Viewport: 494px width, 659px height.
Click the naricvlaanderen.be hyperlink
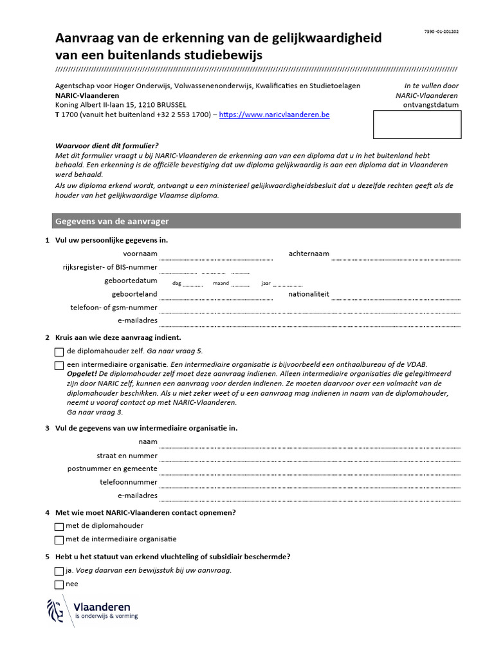(x=275, y=115)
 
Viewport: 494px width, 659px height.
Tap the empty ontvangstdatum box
(x=417, y=124)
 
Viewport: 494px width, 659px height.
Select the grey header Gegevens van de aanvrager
(x=256, y=221)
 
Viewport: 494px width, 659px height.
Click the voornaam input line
(x=215, y=254)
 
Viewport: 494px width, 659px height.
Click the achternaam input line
(x=396, y=254)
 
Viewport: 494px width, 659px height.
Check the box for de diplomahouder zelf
(x=60, y=352)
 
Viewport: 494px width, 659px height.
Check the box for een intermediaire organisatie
(x=60, y=366)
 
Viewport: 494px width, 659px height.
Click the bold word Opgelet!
(x=82, y=373)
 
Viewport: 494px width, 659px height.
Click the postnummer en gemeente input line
(x=309, y=469)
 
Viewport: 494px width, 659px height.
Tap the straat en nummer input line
(x=309, y=456)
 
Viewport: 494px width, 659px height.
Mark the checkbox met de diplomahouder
(x=60, y=526)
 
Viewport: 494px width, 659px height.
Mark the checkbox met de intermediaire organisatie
(x=60, y=540)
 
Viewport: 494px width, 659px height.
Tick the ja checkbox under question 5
(x=60, y=571)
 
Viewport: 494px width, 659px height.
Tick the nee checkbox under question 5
(x=60, y=584)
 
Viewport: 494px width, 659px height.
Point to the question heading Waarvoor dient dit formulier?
(x=107, y=145)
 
